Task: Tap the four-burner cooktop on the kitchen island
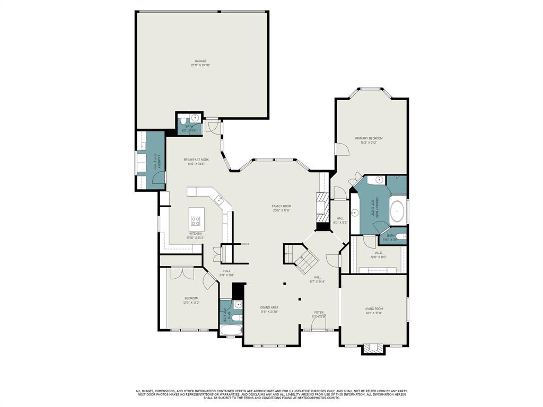coord(196,222)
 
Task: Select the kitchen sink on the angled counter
coord(218,200)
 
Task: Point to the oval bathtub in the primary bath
coord(397,211)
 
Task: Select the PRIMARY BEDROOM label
coord(369,138)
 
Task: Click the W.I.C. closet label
coord(378,253)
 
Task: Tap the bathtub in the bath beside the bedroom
coord(231,331)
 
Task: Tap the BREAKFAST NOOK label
coord(196,160)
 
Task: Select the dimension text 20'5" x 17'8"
coord(282,210)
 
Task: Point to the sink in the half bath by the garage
coord(195,118)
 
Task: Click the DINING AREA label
coord(269,307)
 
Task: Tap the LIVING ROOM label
coord(373,308)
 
